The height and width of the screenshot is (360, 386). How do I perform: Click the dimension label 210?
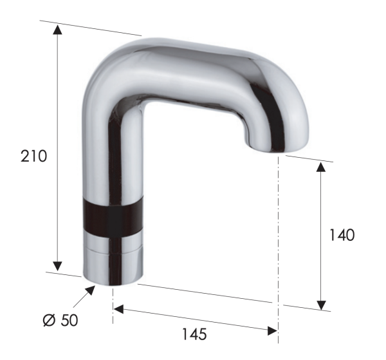[x=33, y=156]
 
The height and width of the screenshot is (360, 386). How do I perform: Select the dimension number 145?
[x=194, y=334]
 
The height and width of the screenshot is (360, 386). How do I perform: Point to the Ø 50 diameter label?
[x=60, y=319]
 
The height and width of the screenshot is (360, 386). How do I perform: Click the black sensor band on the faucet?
[x=112, y=220]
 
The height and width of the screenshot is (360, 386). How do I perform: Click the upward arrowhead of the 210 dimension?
[x=58, y=30]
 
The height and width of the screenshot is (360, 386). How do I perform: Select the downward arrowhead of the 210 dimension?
[x=58, y=265]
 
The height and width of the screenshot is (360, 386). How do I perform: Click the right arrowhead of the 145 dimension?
[x=271, y=330]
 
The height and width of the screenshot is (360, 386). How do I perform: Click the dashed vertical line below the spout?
[x=278, y=225]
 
